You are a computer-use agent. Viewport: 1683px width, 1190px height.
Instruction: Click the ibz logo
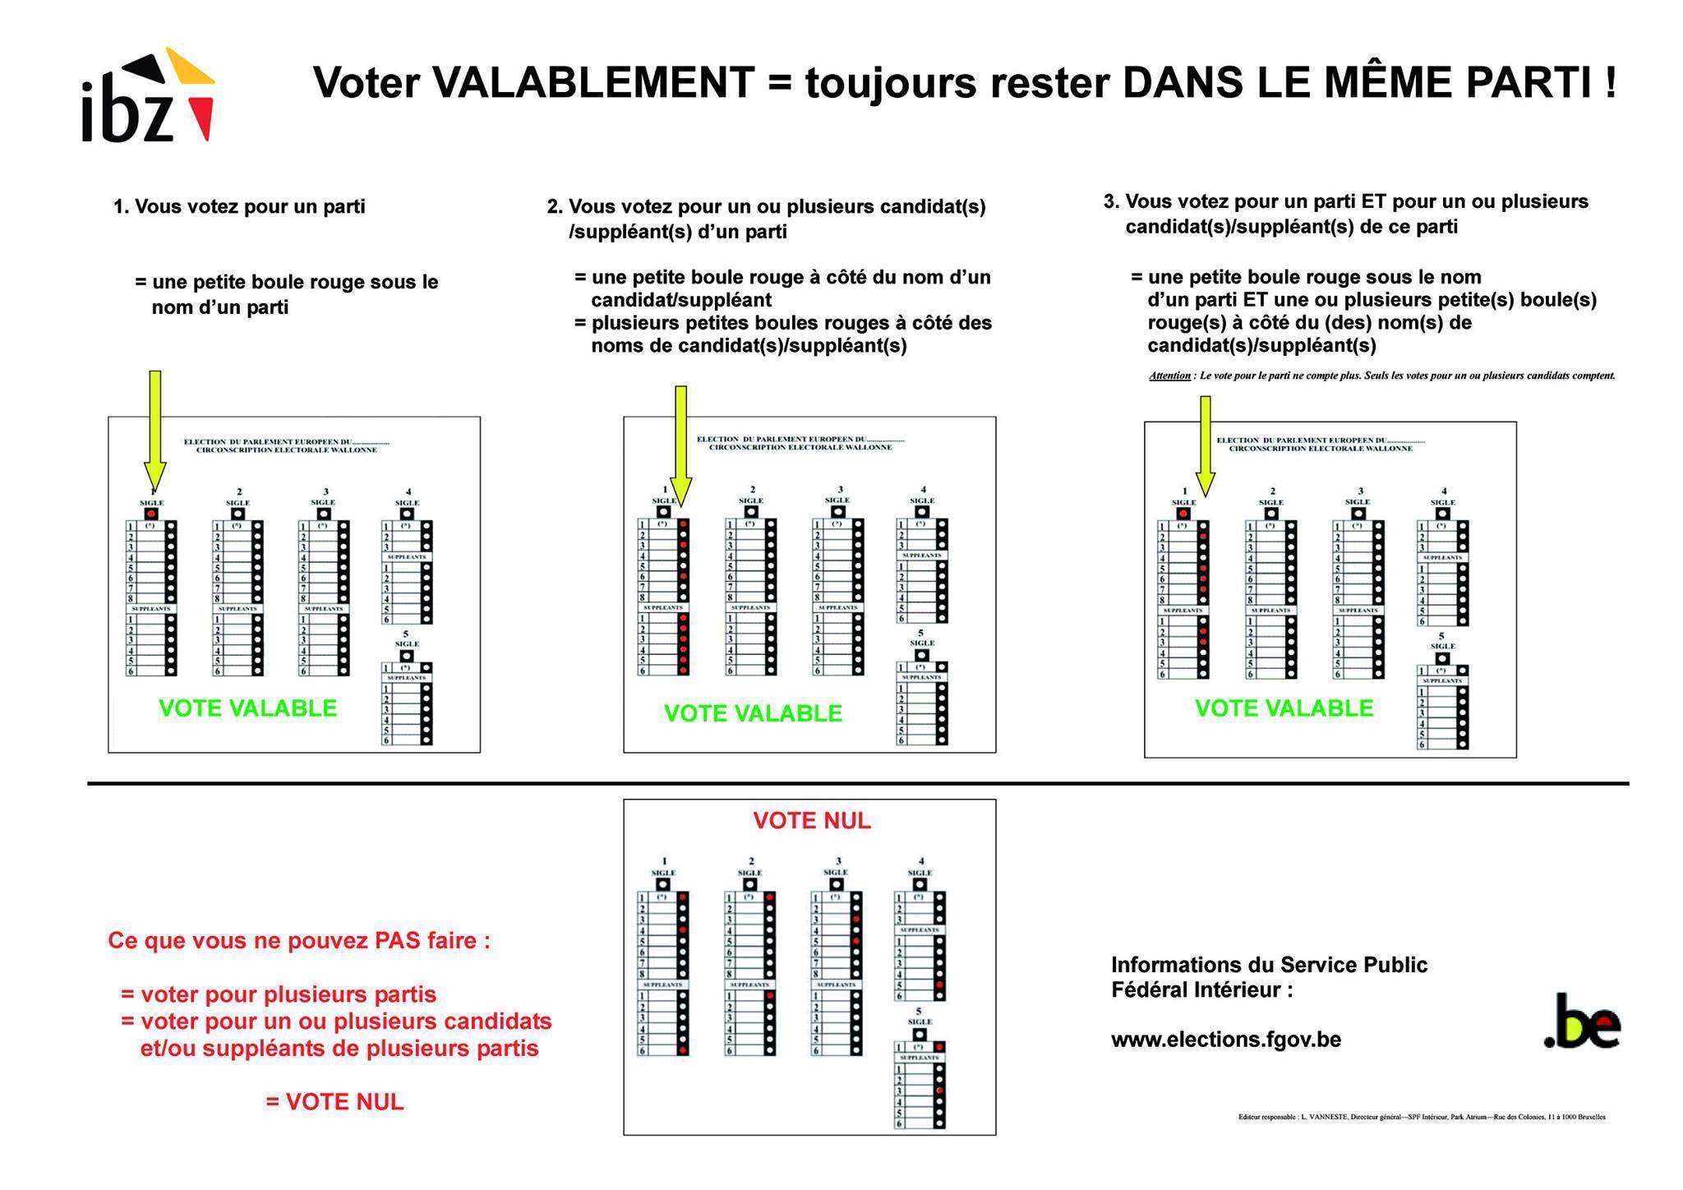[148, 99]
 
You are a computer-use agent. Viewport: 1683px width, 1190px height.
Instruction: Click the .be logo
[1582, 1023]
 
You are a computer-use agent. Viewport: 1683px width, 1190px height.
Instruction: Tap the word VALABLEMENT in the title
[593, 83]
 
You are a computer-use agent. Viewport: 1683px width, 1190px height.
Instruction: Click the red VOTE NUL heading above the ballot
[812, 821]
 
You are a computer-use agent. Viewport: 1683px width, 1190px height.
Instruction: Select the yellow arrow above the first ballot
[154, 427]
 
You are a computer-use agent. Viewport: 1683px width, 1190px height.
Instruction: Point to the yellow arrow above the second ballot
[680, 444]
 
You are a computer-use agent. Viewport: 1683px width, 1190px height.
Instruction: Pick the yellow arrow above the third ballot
[1205, 444]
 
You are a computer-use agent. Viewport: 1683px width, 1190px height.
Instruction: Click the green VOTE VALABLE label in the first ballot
[247, 708]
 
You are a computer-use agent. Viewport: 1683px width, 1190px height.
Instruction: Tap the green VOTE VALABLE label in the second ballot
[753, 713]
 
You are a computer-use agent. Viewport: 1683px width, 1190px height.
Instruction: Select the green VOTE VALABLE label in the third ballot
[1284, 708]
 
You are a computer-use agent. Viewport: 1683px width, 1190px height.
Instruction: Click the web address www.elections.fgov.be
[1226, 1040]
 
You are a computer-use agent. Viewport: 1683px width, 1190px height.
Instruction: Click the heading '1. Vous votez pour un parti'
[239, 206]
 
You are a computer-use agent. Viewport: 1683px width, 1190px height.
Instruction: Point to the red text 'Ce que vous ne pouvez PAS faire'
[299, 941]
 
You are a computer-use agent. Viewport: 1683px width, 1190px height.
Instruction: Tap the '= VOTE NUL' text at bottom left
[335, 1102]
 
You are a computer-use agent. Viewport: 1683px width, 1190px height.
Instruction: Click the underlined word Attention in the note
[1169, 376]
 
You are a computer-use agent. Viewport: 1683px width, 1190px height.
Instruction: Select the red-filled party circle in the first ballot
[150, 513]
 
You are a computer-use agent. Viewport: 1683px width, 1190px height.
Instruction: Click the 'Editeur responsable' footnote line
[1422, 1117]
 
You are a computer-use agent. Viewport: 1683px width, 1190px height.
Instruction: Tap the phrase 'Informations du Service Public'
[1269, 965]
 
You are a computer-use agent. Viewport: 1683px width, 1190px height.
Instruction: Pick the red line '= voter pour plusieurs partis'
[279, 994]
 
